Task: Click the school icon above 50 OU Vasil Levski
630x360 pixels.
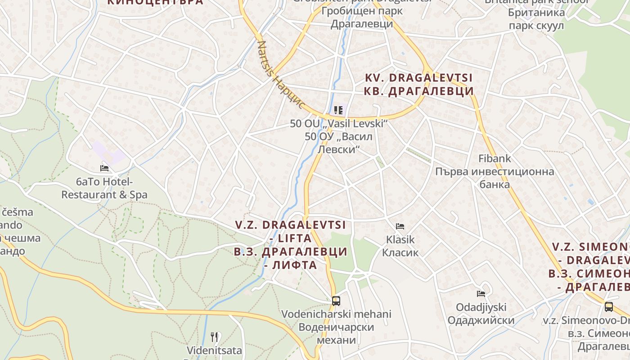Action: tap(338, 110)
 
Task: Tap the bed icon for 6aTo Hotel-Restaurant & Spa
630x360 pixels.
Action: tap(104, 168)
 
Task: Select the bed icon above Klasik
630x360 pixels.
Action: tap(400, 226)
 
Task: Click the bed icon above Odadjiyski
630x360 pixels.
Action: tap(481, 294)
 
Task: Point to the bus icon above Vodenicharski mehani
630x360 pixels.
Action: tap(336, 301)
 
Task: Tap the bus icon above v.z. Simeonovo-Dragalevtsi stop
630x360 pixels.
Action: tap(609, 307)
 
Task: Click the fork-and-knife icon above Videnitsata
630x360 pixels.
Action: tap(215, 337)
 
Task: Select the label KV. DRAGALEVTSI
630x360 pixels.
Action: tap(419, 78)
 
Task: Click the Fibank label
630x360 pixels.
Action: tap(495, 158)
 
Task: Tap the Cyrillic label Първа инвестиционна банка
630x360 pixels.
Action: tap(495, 178)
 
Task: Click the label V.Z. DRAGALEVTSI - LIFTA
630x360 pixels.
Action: tap(290, 231)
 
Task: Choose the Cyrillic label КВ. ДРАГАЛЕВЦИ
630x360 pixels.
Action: tap(419, 91)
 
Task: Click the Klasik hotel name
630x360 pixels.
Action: tap(400, 239)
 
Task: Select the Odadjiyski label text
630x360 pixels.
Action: tap(481, 307)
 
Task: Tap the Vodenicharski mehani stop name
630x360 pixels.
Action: tap(336, 314)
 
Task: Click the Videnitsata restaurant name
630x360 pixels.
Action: tap(215, 350)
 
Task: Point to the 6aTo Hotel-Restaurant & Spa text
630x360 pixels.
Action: tap(104, 189)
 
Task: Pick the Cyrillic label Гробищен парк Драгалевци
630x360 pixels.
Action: tap(361, 17)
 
